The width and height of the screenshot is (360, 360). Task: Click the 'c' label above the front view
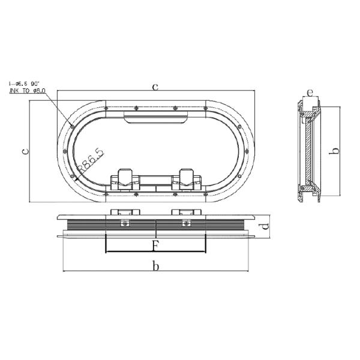[155, 87]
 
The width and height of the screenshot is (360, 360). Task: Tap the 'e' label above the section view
[309, 92]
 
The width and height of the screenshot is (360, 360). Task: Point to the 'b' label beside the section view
[337, 151]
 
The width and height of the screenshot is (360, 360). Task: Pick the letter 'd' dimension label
[265, 227]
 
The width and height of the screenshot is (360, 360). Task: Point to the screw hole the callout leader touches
[71, 126]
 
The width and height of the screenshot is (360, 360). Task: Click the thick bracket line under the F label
[155, 253]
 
